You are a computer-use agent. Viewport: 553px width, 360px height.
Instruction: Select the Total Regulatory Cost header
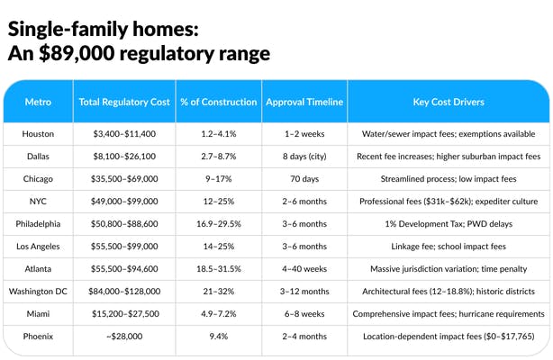point(123,103)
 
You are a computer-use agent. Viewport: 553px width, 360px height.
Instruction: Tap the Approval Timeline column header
point(304,103)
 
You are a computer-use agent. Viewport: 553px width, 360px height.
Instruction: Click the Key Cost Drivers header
point(449,103)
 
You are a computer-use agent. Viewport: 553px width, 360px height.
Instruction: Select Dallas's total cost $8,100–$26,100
point(123,157)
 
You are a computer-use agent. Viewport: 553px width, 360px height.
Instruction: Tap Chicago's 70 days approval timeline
point(304,179)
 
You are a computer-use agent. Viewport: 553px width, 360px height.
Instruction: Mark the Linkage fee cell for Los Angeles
point(449,246)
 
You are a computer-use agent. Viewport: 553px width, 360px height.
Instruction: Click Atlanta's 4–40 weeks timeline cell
point(304,268)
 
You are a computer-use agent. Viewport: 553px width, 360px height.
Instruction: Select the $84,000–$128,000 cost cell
point(123,291)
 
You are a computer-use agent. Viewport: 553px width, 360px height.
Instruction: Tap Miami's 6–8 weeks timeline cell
point(304,313)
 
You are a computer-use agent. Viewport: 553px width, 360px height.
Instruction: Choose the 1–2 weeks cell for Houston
point(304,134)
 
